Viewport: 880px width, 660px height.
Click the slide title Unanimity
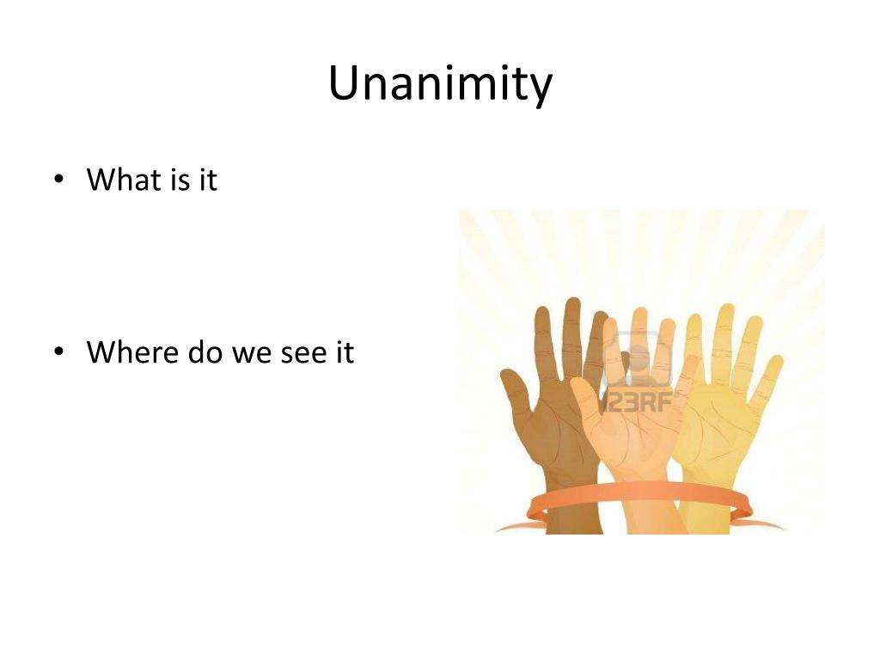(x=440, y=84)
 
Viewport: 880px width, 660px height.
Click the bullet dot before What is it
(x=58, y=180)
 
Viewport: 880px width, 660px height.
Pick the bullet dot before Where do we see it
(x=58, y=353)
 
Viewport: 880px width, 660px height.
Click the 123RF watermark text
(x=640, y=401)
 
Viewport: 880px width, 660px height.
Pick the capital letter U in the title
(x=343, y=84)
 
